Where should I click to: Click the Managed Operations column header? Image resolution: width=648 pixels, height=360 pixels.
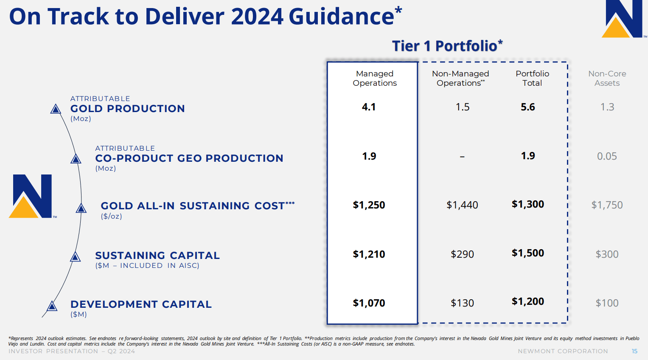point(375,79)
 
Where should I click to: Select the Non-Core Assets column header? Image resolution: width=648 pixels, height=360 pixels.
point(607,79)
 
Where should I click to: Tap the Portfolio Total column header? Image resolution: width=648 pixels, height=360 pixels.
point(532,79)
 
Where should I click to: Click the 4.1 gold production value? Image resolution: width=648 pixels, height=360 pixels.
point(369,107)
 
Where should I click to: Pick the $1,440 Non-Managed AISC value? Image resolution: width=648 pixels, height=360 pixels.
point(462,205)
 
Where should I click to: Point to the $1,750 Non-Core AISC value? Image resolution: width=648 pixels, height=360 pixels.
point(607,205)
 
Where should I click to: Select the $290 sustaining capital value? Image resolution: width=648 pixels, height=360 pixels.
point(462,254)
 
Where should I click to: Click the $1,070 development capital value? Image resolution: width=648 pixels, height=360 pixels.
point(369,303)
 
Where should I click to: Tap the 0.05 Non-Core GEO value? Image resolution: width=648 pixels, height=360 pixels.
point(607,156)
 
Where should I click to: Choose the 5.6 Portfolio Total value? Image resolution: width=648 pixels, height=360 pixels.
point(528,107)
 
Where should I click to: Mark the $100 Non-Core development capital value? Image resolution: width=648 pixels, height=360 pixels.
point(607,303)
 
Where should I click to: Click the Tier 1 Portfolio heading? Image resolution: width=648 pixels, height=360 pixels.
point(447,46)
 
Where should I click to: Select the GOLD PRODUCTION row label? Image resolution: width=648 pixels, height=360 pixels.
point(127,109)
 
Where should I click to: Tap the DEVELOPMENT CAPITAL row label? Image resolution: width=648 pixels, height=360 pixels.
point(141,304)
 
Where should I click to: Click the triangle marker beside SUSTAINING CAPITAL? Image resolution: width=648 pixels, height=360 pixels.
point(75,257)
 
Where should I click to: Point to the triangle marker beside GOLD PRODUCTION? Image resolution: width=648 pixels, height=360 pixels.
point(56,109)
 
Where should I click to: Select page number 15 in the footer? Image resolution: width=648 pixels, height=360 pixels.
point(634,351)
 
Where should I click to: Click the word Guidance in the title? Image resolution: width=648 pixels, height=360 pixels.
point(342,17)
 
